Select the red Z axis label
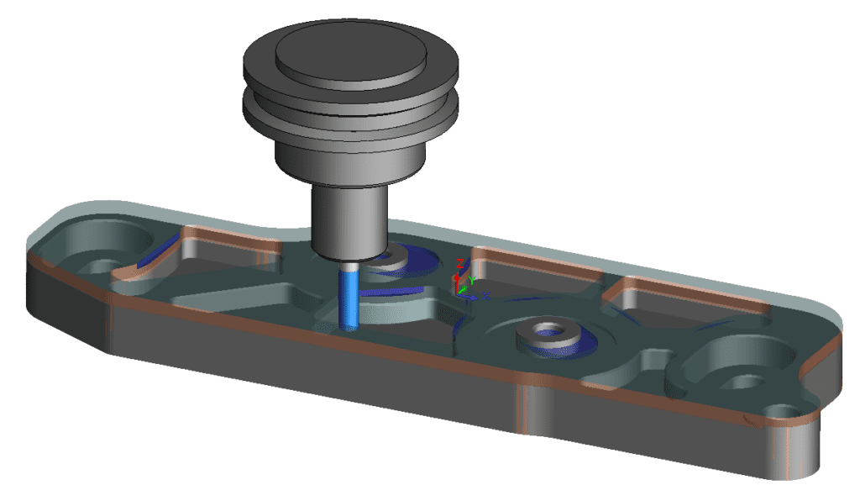click(459, 262)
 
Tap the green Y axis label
click(472, 279)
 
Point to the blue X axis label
click(486, 295)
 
